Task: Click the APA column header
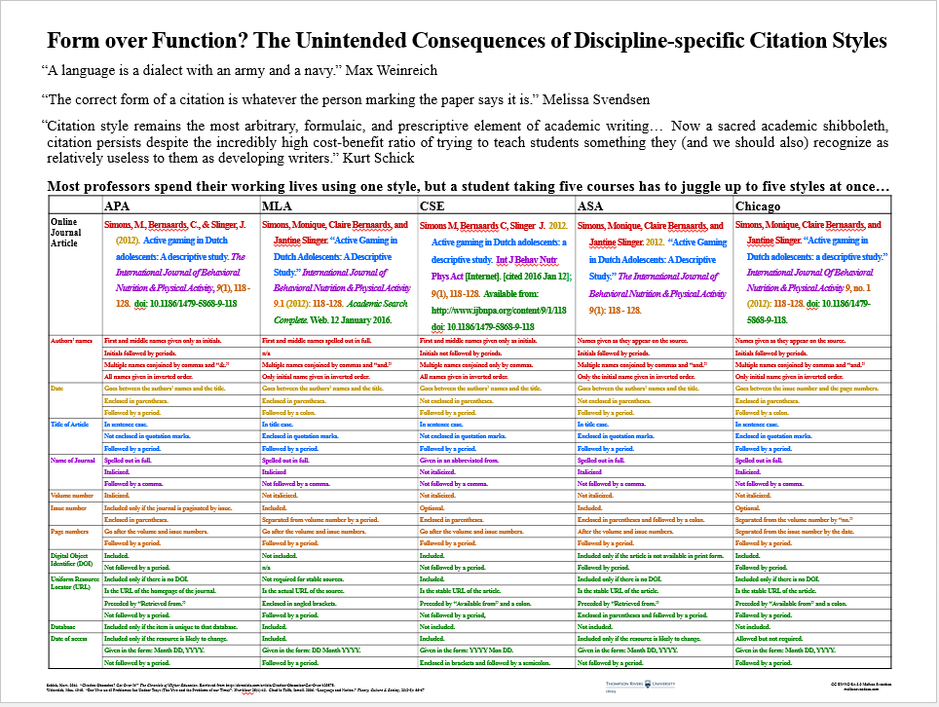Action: [x=119, y=206]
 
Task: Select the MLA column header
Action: [x=278, y=206]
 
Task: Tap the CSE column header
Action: [x=433, y=206]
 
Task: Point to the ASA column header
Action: [x=591, y=206]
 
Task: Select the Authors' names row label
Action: [x=69, y=341]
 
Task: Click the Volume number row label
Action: [x=71, y=496]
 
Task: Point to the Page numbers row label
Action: [x=69, y=532]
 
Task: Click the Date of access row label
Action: [x=70, y=638]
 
